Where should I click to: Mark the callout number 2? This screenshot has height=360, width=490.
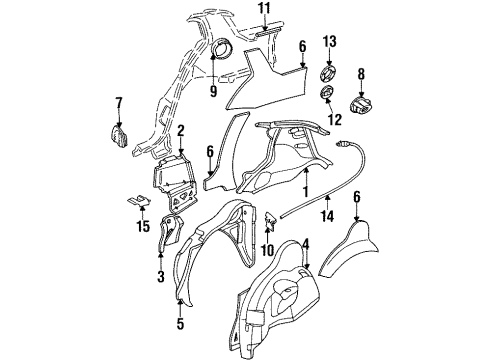[x=181, y=131]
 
